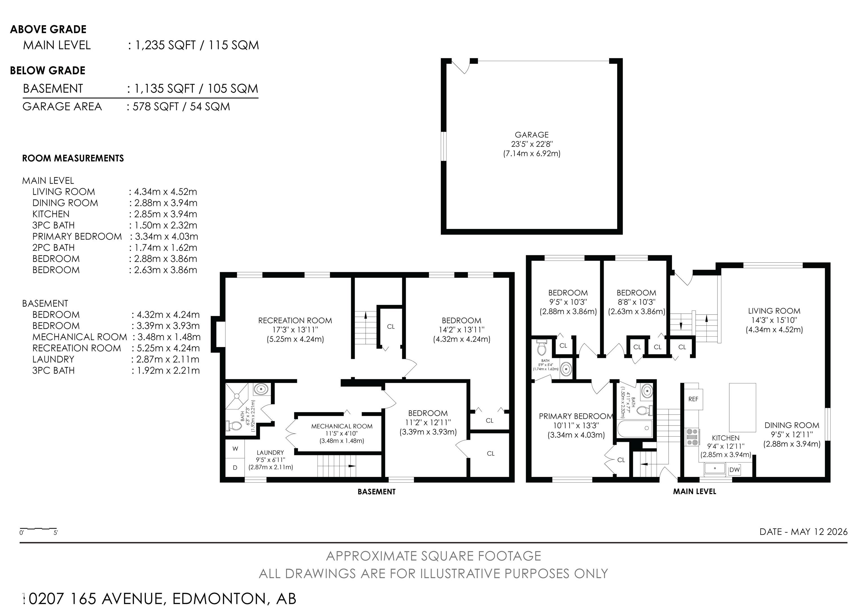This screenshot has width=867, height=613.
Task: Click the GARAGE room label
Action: pos(531,134)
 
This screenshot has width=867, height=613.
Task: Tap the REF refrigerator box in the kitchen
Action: pos(693,399)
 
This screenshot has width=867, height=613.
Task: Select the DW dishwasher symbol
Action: pos(734,470)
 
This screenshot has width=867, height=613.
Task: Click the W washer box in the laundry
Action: pos(235,449)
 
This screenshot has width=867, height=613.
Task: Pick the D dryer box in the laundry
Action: pos(235,468)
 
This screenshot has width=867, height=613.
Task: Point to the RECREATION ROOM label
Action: pos(295,320)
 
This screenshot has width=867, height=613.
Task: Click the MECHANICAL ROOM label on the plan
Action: pos(342,426)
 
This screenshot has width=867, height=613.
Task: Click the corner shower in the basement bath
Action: pos(237,396)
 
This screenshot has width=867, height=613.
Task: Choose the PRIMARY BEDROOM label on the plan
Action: pos(575,416)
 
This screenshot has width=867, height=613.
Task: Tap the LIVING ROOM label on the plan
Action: pos(774,311)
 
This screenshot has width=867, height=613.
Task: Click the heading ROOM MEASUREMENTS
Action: pos(73,158)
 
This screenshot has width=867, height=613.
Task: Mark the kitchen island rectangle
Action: pos(742,407)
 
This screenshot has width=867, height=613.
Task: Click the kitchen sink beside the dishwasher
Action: pos(715,468)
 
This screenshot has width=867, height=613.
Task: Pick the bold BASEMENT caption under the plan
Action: pos(376,491)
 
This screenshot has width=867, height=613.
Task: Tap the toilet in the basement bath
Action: pos(234,426)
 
